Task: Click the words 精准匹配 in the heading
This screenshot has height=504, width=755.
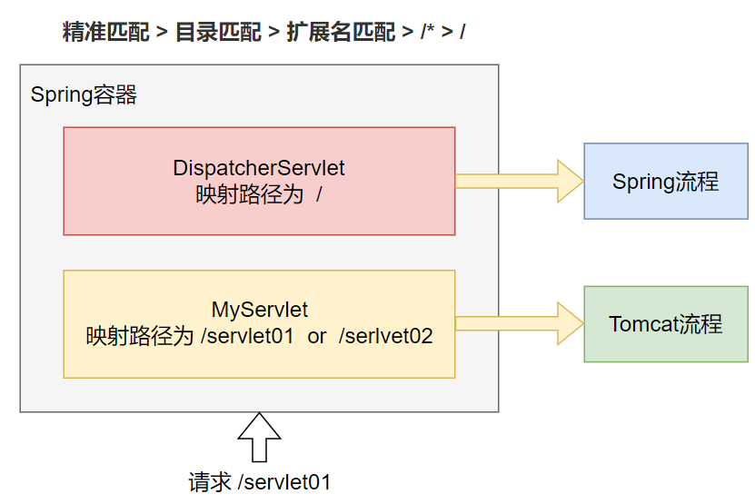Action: [x=106, y=33]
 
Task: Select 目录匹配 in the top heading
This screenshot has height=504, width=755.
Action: [x=218, y=33]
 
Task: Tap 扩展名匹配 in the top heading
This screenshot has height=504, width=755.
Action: [x=341, y=33]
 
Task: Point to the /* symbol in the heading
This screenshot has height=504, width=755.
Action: [x=428, y=31]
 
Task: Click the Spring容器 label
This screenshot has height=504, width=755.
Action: [x=84, y=94]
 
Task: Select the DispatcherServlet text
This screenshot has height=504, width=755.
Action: [x=259, y=168]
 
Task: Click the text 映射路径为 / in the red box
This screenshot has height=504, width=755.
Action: [x=259, y=194]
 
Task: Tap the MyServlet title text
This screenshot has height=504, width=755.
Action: [x=260, y=310]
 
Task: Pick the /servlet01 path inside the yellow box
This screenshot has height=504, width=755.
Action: [x=247, y=336]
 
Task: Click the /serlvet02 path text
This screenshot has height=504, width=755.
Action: [x=386, y=336]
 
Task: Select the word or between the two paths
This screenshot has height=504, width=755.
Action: [x=317, y=337]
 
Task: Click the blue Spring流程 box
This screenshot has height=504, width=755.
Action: [x=666, y=181]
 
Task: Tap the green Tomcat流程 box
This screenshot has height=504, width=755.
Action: [x=666, y=324]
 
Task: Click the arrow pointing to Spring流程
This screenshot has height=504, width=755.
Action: [x=520, y=181]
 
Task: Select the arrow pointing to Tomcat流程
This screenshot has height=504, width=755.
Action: [x=520, y=323]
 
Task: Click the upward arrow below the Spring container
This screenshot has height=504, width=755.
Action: [x=259, y=437]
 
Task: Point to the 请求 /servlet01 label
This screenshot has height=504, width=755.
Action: [x=260, y=482]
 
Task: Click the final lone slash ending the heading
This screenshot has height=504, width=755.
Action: [x=462, y=32]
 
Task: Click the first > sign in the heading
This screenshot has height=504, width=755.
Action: [x=163, y=33]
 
